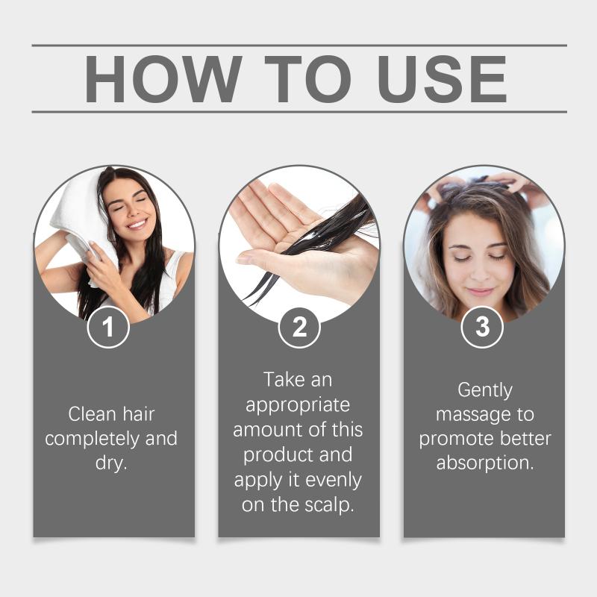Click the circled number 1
(x=108, y=327)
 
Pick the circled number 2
(x=299, y=327)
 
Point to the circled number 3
(x=482, y=327)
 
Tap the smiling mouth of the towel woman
(x=137, y=224)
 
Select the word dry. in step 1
(x=110, y=463)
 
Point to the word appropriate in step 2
(x=298, y=405)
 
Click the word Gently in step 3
(x=485, y=390)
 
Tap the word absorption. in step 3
(x=485, y=463)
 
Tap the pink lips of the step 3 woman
(x=480, y=292)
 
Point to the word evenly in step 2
(x=334, y=481)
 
